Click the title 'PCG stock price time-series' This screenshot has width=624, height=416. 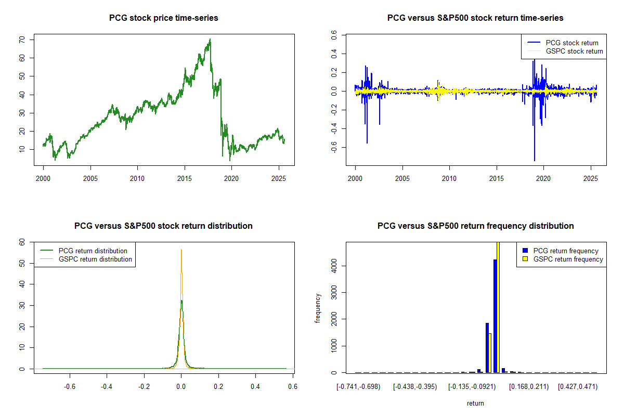(x=163, y=18)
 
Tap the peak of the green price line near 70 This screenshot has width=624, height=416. (x=210, y=40)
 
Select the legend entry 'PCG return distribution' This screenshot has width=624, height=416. (x=93, y=251)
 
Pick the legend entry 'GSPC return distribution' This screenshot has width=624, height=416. (x=95, y=259)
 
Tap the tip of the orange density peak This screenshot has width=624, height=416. (x=181, y=250)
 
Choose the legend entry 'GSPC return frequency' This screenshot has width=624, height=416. (x=568, y=259)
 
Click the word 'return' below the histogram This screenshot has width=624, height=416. (x=475, y=403)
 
